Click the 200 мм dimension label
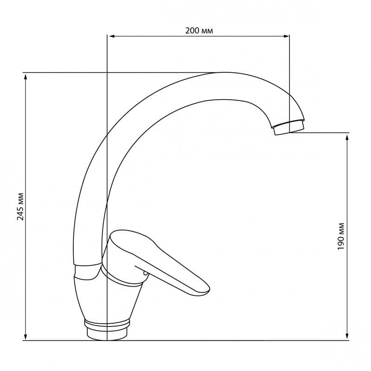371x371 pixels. [x=199, y=31]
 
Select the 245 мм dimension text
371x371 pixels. [x=20, y=206]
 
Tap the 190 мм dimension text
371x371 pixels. [x=341, y=236]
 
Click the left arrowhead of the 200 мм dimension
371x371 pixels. [x=111, y=36]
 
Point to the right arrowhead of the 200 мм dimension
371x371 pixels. [x=286, y=36]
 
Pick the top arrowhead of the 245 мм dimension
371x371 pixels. [x=26, y=77]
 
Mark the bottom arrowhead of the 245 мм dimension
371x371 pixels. [x=26, y=337]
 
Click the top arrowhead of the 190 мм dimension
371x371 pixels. [x=347, y=137]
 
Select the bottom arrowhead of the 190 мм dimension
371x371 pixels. [x=347, y=337]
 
